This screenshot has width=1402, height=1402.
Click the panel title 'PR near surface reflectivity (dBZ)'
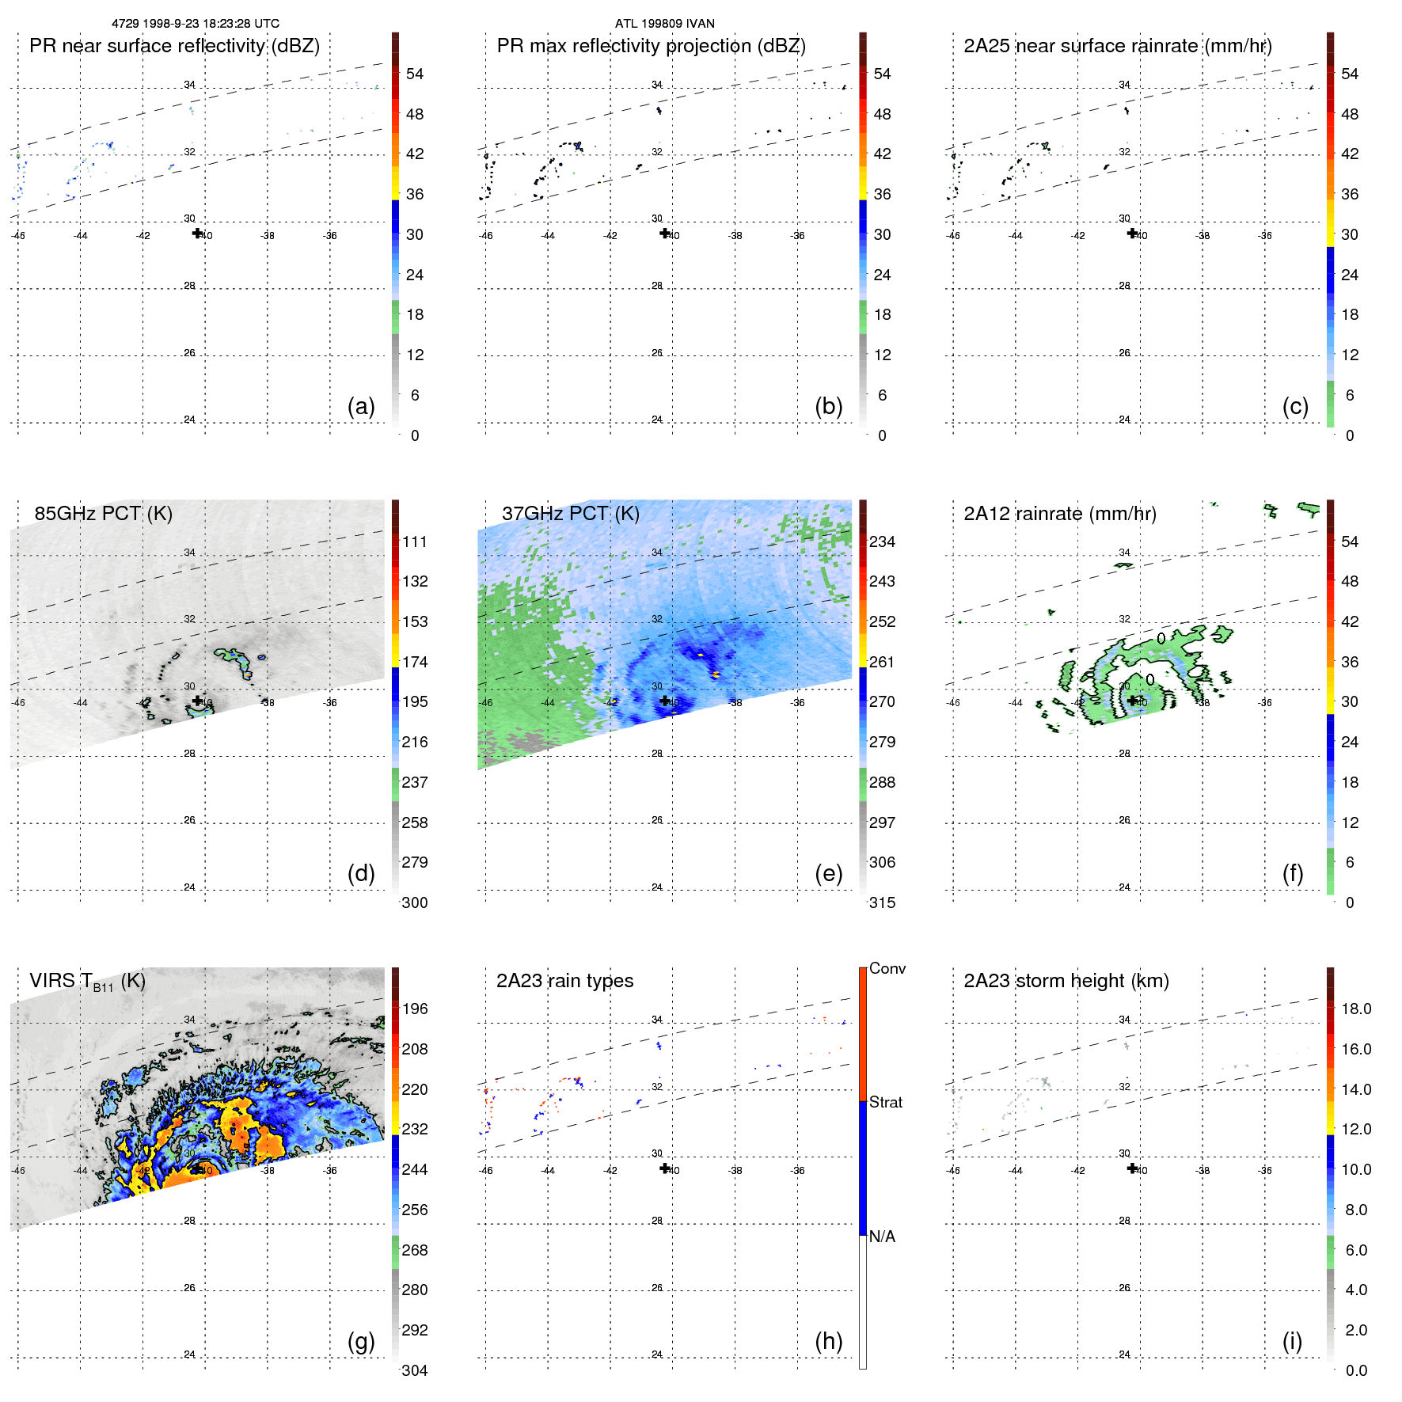click(x=174, y=46)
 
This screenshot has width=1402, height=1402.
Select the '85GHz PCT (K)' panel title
click(x=103, y=514)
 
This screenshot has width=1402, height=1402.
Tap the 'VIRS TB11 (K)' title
click(x=87, y=982)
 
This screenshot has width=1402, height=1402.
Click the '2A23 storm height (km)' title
click(x=1066, y=981)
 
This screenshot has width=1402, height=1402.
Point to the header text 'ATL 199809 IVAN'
click(x=664, y=24)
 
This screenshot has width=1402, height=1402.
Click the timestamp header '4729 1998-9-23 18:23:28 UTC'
click(x=196, y=24)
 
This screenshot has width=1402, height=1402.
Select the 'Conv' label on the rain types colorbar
click(x=887, y=968)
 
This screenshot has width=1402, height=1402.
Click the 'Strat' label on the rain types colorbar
click(x=885, y=1102)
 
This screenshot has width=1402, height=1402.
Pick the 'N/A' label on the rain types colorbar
click(x=882, y=1237)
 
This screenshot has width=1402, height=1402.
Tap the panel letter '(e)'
click(x=828, y=873)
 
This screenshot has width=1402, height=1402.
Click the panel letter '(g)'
click(x=361, y=1341)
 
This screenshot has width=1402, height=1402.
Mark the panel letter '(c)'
click(x=1295, y=406)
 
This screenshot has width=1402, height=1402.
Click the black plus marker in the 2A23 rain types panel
click(x=665, y=1168)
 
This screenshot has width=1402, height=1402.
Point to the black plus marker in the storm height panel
click(x=1132, y=1168)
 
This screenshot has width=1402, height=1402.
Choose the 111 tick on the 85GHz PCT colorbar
click(x=414, y=541)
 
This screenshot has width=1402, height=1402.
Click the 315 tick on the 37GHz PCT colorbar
click(x=882, y=902)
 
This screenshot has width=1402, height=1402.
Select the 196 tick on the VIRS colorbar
click(x=414, y=1009)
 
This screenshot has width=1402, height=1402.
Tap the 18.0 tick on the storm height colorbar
click(x=1355, y=1009)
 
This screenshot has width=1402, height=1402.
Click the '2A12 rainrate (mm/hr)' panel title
click(x=1059, y=514)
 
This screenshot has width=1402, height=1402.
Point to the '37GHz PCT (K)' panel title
click(x=570, y=514)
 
